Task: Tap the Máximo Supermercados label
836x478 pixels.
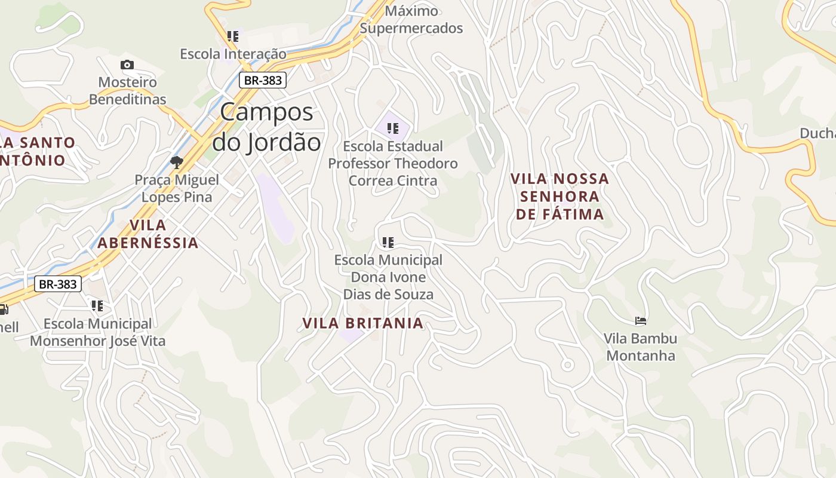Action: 411,20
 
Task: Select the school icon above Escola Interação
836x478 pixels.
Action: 233,36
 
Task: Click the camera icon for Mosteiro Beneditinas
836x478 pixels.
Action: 127,65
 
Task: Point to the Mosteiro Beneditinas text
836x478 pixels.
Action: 127,91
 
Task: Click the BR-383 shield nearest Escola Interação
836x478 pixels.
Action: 263,80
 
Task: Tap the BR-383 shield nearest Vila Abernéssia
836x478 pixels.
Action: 57,284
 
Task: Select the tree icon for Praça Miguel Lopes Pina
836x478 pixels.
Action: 176,161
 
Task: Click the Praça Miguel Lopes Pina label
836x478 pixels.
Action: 176,188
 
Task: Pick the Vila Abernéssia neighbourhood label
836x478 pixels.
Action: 147,234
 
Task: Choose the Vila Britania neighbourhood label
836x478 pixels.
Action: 362,323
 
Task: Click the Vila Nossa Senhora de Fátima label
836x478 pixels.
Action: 560,196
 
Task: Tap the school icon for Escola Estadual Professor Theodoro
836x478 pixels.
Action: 392,128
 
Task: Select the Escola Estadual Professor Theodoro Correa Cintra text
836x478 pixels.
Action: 393,163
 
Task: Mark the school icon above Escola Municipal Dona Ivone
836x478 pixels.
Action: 388,242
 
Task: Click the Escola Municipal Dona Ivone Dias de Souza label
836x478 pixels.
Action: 388,277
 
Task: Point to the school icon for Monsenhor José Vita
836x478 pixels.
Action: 97,306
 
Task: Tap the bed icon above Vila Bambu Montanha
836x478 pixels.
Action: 641,321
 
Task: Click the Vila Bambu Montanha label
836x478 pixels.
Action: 640,347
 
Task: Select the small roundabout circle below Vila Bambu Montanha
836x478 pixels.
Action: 567,364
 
